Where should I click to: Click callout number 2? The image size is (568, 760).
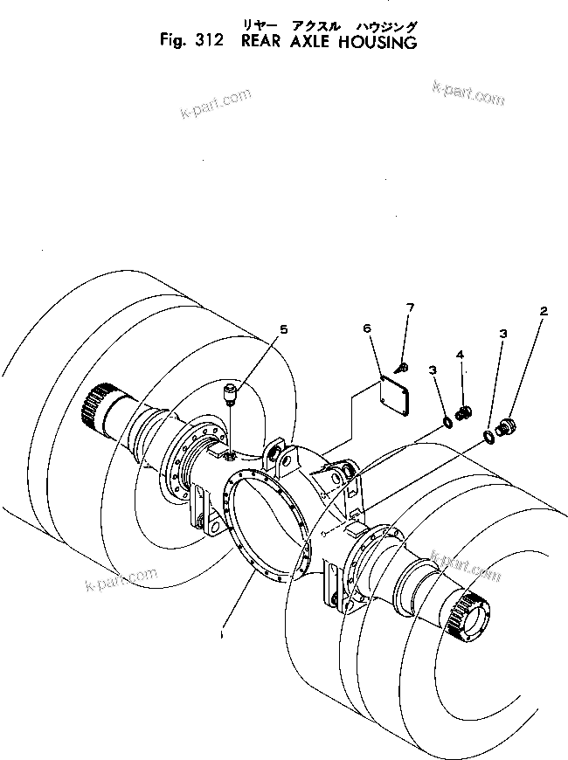544,311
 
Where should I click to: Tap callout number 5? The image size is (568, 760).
283,328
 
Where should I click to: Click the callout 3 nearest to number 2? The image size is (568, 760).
502,334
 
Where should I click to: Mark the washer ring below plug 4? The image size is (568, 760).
447,423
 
